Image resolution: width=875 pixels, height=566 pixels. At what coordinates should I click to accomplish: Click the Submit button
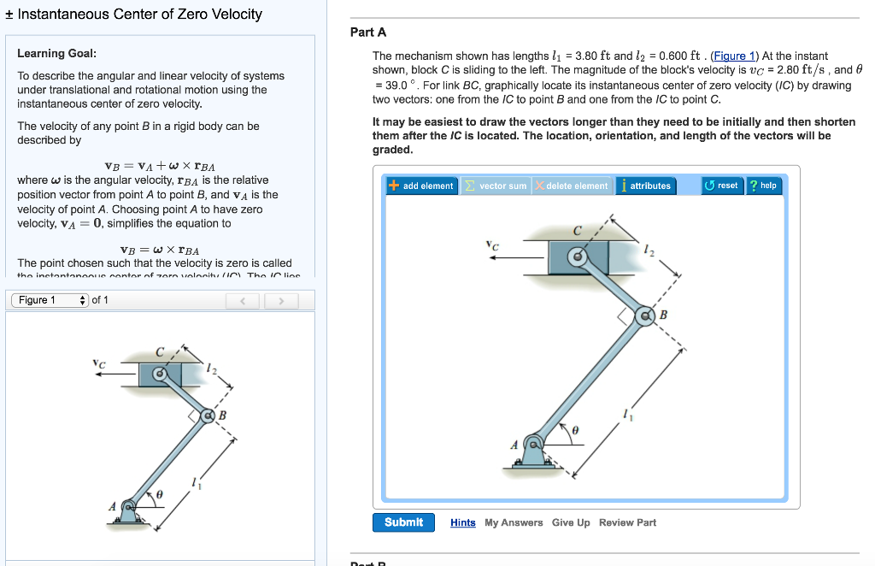coord(403,522)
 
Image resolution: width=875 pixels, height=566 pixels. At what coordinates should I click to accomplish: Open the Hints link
coord(463,522)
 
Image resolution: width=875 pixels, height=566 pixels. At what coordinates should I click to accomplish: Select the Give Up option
coord(571,522)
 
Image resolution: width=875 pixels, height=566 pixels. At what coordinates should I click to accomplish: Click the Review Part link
coord(627,522)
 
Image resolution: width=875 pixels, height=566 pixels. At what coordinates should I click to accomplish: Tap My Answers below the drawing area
coord(514,522)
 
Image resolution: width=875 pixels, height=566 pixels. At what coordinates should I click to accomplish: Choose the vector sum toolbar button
coord(496,186)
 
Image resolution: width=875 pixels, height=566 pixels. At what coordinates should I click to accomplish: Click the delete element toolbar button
coord(572,186)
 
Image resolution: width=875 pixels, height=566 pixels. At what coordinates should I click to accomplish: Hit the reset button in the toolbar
coord(721,186)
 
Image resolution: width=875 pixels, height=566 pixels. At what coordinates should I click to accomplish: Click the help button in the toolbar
coord(763,186)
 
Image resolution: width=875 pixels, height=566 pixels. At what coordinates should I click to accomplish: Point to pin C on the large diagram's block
coord(578,256)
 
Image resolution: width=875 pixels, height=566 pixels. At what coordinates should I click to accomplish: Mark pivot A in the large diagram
coord(533,444)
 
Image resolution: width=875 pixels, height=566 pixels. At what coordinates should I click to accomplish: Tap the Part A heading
coord(368,32)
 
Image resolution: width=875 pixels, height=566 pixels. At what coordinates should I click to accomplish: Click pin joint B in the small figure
coord(207,416)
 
